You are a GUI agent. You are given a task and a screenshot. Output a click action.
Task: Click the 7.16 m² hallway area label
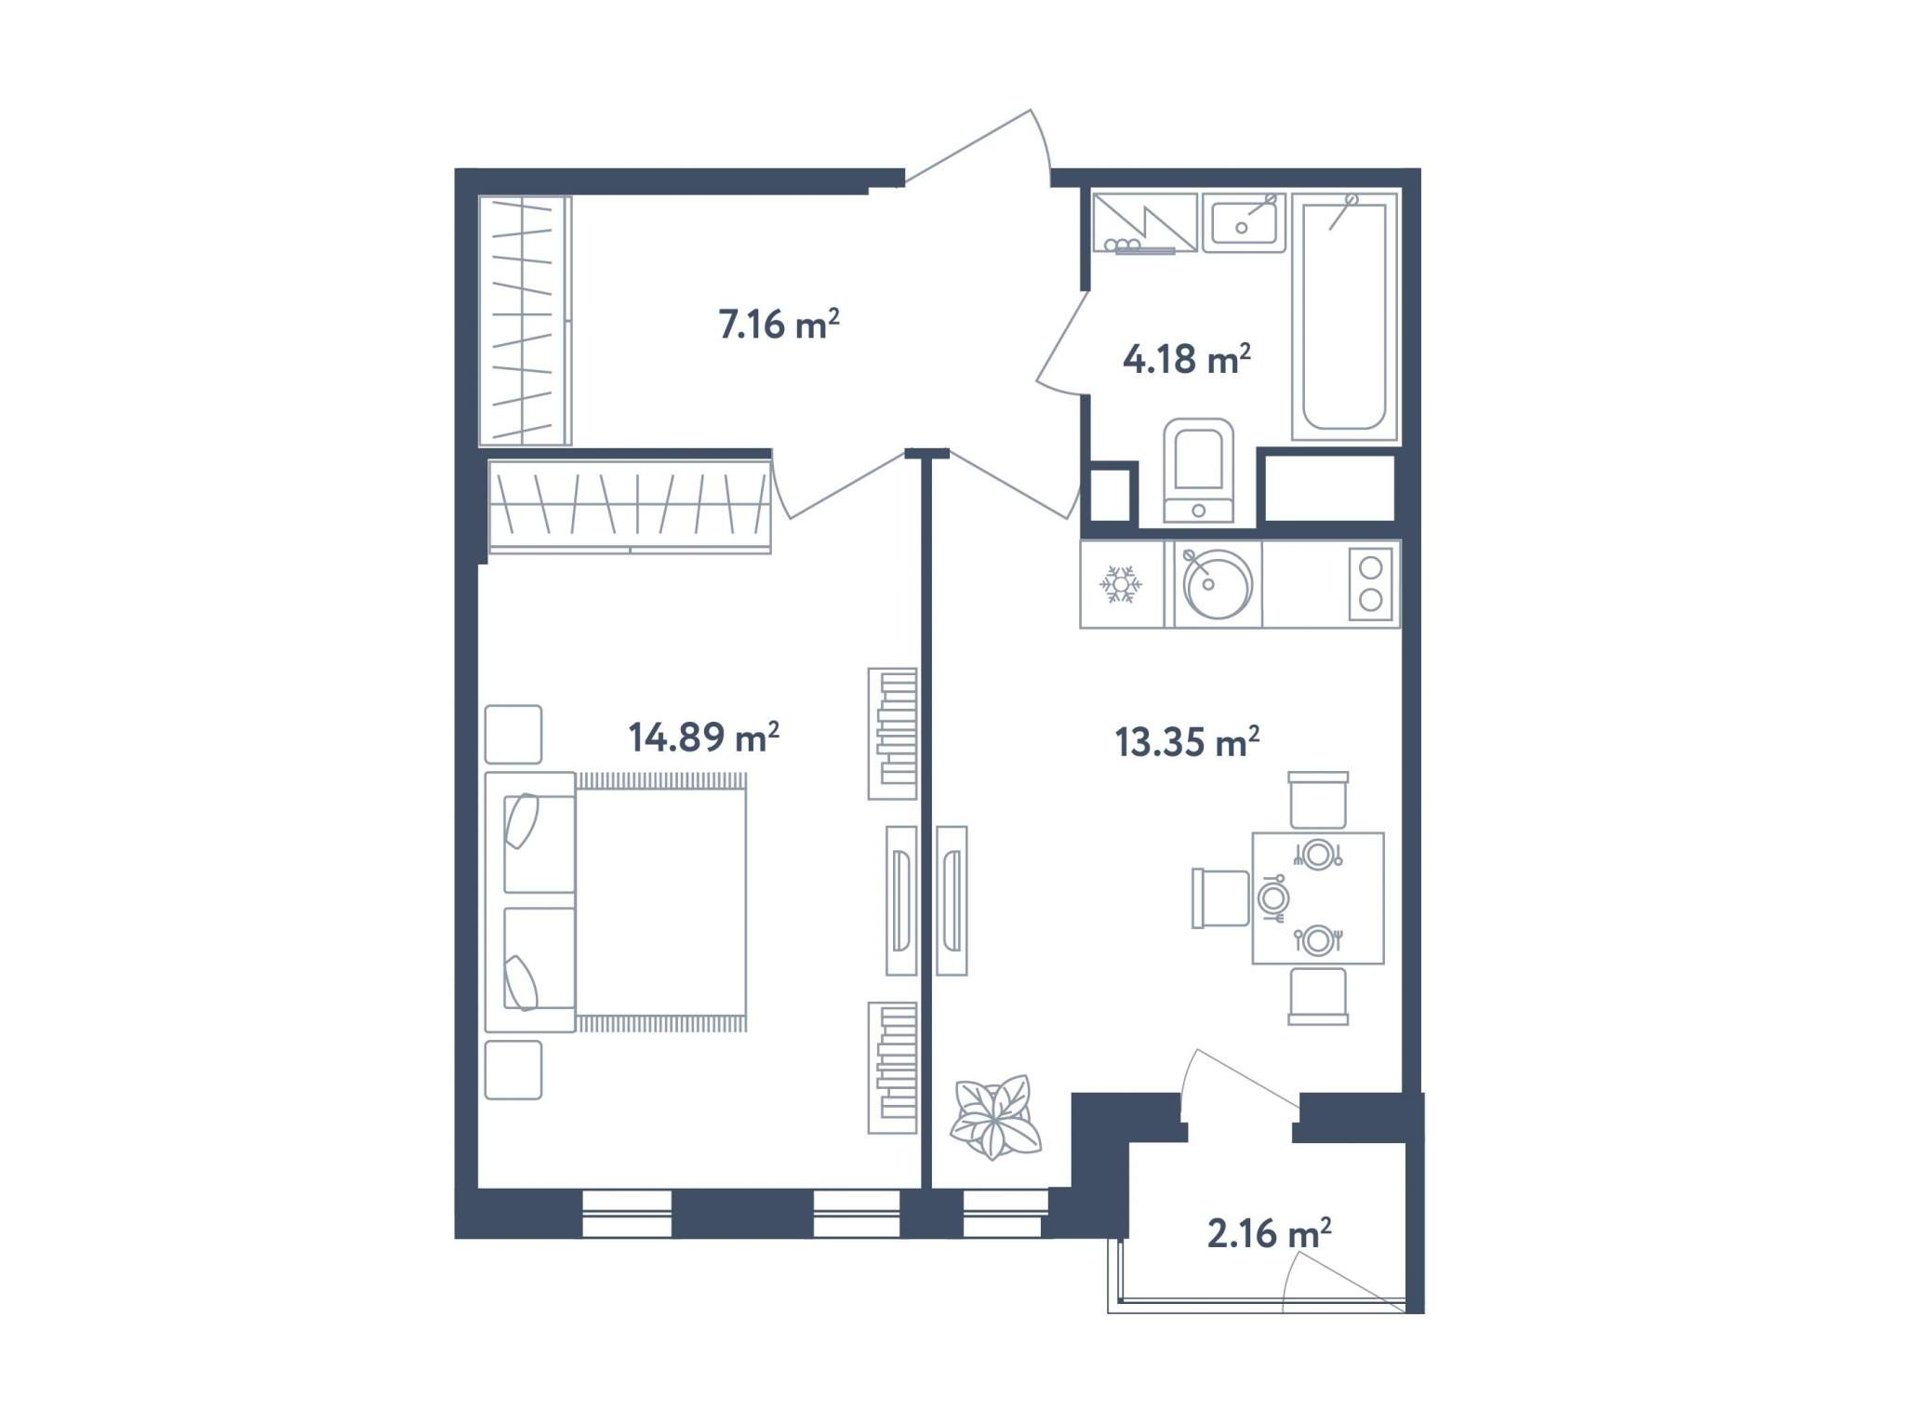pos(779,325)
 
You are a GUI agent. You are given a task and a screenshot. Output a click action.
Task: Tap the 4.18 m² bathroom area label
pos(1186,359)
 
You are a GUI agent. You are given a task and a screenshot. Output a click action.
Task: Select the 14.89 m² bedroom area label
pos(704,738)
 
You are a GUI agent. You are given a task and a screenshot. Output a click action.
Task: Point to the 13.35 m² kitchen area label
pos(1187,742)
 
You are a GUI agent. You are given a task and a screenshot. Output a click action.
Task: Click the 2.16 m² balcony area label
pos(1269,1233)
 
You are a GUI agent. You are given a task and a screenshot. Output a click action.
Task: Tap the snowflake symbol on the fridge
pos(1120,584)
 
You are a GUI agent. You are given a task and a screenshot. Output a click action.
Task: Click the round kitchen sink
pos(1217,584)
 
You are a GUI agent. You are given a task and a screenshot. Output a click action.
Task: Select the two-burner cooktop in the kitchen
pos(1371,584)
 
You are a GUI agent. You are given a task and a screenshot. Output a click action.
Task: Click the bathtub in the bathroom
pos(1345,316)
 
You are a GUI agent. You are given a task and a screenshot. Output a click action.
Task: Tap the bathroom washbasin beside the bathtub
pos(1244,223)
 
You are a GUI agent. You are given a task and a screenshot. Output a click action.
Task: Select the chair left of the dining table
pos(1220,898)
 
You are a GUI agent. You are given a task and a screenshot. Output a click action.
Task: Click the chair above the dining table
pos(1318,799)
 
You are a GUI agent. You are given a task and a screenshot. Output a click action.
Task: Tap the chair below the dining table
pos(1318,996)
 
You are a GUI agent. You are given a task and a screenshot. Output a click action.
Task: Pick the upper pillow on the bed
pos(522,820)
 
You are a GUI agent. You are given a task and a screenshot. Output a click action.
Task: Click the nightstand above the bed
pos(513,734)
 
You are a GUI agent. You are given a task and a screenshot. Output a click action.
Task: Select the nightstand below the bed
pos(513,1070)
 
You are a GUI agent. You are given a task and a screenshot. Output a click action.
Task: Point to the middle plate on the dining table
pos(1272,898)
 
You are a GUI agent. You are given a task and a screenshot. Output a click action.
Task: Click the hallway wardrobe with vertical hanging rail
pos(525,320)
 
